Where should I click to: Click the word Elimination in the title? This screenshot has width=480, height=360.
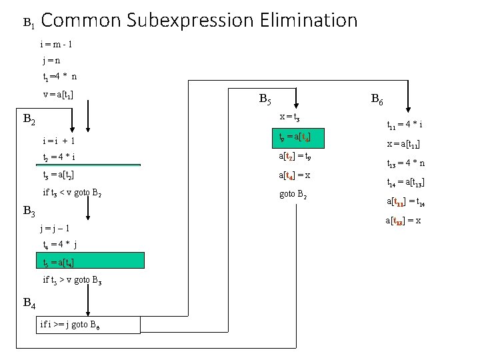(x=306, y=21)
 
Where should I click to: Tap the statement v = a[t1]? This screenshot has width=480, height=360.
(x=58, y=94)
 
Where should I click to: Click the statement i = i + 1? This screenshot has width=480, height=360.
(x=59, y=141)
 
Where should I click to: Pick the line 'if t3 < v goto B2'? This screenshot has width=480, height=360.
(x=72, y=193)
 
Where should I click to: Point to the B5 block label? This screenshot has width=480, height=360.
(x=264, y=101)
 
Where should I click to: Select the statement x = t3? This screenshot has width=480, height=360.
(x=289, y=117)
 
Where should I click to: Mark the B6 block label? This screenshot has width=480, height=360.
(x=377, y=101)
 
